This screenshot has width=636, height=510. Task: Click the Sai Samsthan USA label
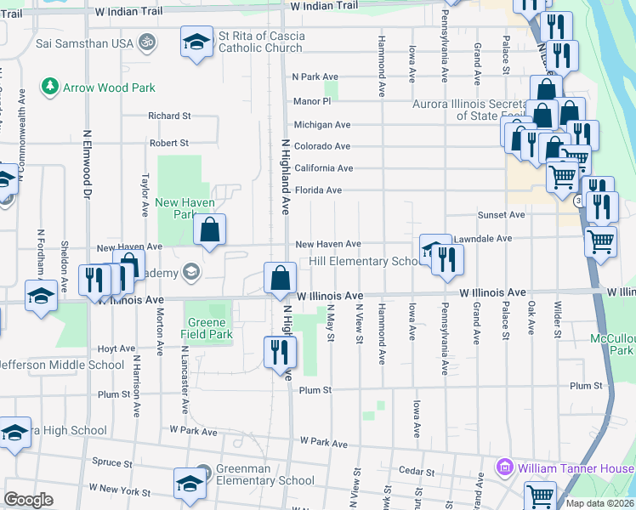91,42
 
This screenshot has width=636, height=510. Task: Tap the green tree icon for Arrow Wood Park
50,87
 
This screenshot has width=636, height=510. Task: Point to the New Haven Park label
185,208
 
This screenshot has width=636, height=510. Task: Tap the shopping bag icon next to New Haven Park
209,229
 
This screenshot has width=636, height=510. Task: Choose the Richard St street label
168,116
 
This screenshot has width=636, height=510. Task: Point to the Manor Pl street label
311,100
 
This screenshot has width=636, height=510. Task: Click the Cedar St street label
417,472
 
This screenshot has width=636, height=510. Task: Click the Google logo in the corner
28,499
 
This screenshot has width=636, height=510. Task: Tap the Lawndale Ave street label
482,239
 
